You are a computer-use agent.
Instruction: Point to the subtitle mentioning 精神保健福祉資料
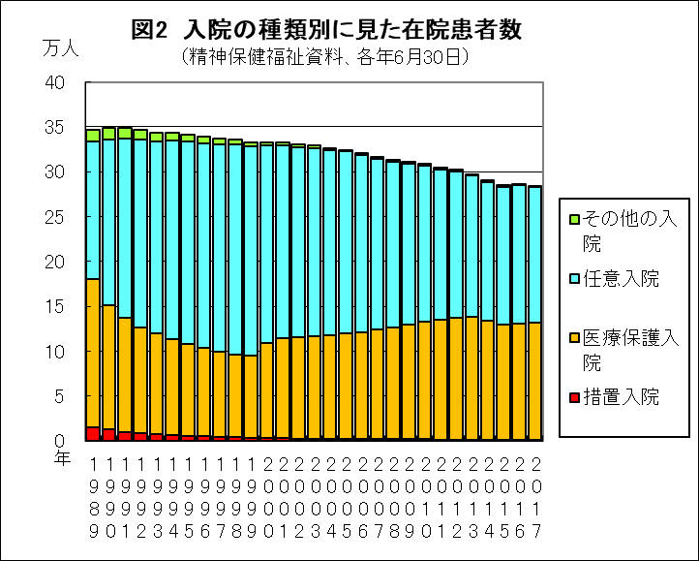(x=325, y=57)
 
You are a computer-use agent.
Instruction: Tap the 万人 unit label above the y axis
(x=61, y=47)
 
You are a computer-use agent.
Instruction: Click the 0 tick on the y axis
(x=60, y=441)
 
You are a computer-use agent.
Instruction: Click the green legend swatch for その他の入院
(x=573, y=219)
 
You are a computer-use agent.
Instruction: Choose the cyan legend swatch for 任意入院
(x=573, y=279)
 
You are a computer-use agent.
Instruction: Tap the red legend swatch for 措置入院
(x=573, y=398)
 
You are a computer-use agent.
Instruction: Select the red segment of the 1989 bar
(x=93, y=434)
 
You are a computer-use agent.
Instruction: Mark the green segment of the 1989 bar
(x=93, y=135)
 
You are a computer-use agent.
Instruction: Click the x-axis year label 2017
(x=535, y=498)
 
